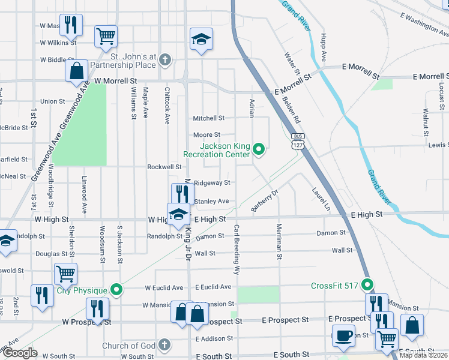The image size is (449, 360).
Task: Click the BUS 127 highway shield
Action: [x=298, y=141]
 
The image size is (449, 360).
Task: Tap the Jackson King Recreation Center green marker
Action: [x=259, y=149]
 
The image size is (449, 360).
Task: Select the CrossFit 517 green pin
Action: [x=367, y=286]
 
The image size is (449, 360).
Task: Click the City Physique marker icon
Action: [x=118, y=291]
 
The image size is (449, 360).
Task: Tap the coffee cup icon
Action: [x=343, y=337]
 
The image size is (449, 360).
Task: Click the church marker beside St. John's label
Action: [x=166, y=59]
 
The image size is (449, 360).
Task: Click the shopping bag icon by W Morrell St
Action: [x=77, y=70]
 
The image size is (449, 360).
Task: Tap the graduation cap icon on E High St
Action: [x=178, y=214]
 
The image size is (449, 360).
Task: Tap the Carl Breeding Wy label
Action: [x=237, y=250]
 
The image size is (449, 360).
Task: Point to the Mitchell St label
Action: [x=208, y=118]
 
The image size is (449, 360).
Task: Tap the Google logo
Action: [x=20, y=353]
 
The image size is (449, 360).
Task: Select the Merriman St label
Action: [x=279, y=241]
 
